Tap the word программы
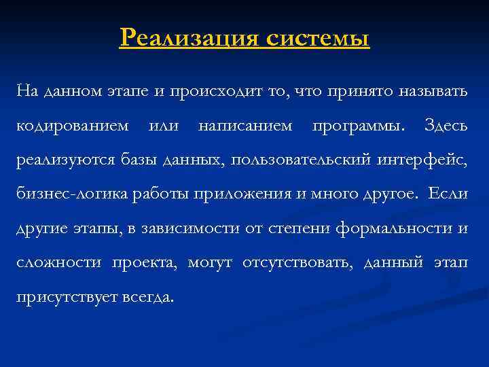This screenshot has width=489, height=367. [357, 126]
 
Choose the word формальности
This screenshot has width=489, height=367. [394, 228]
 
